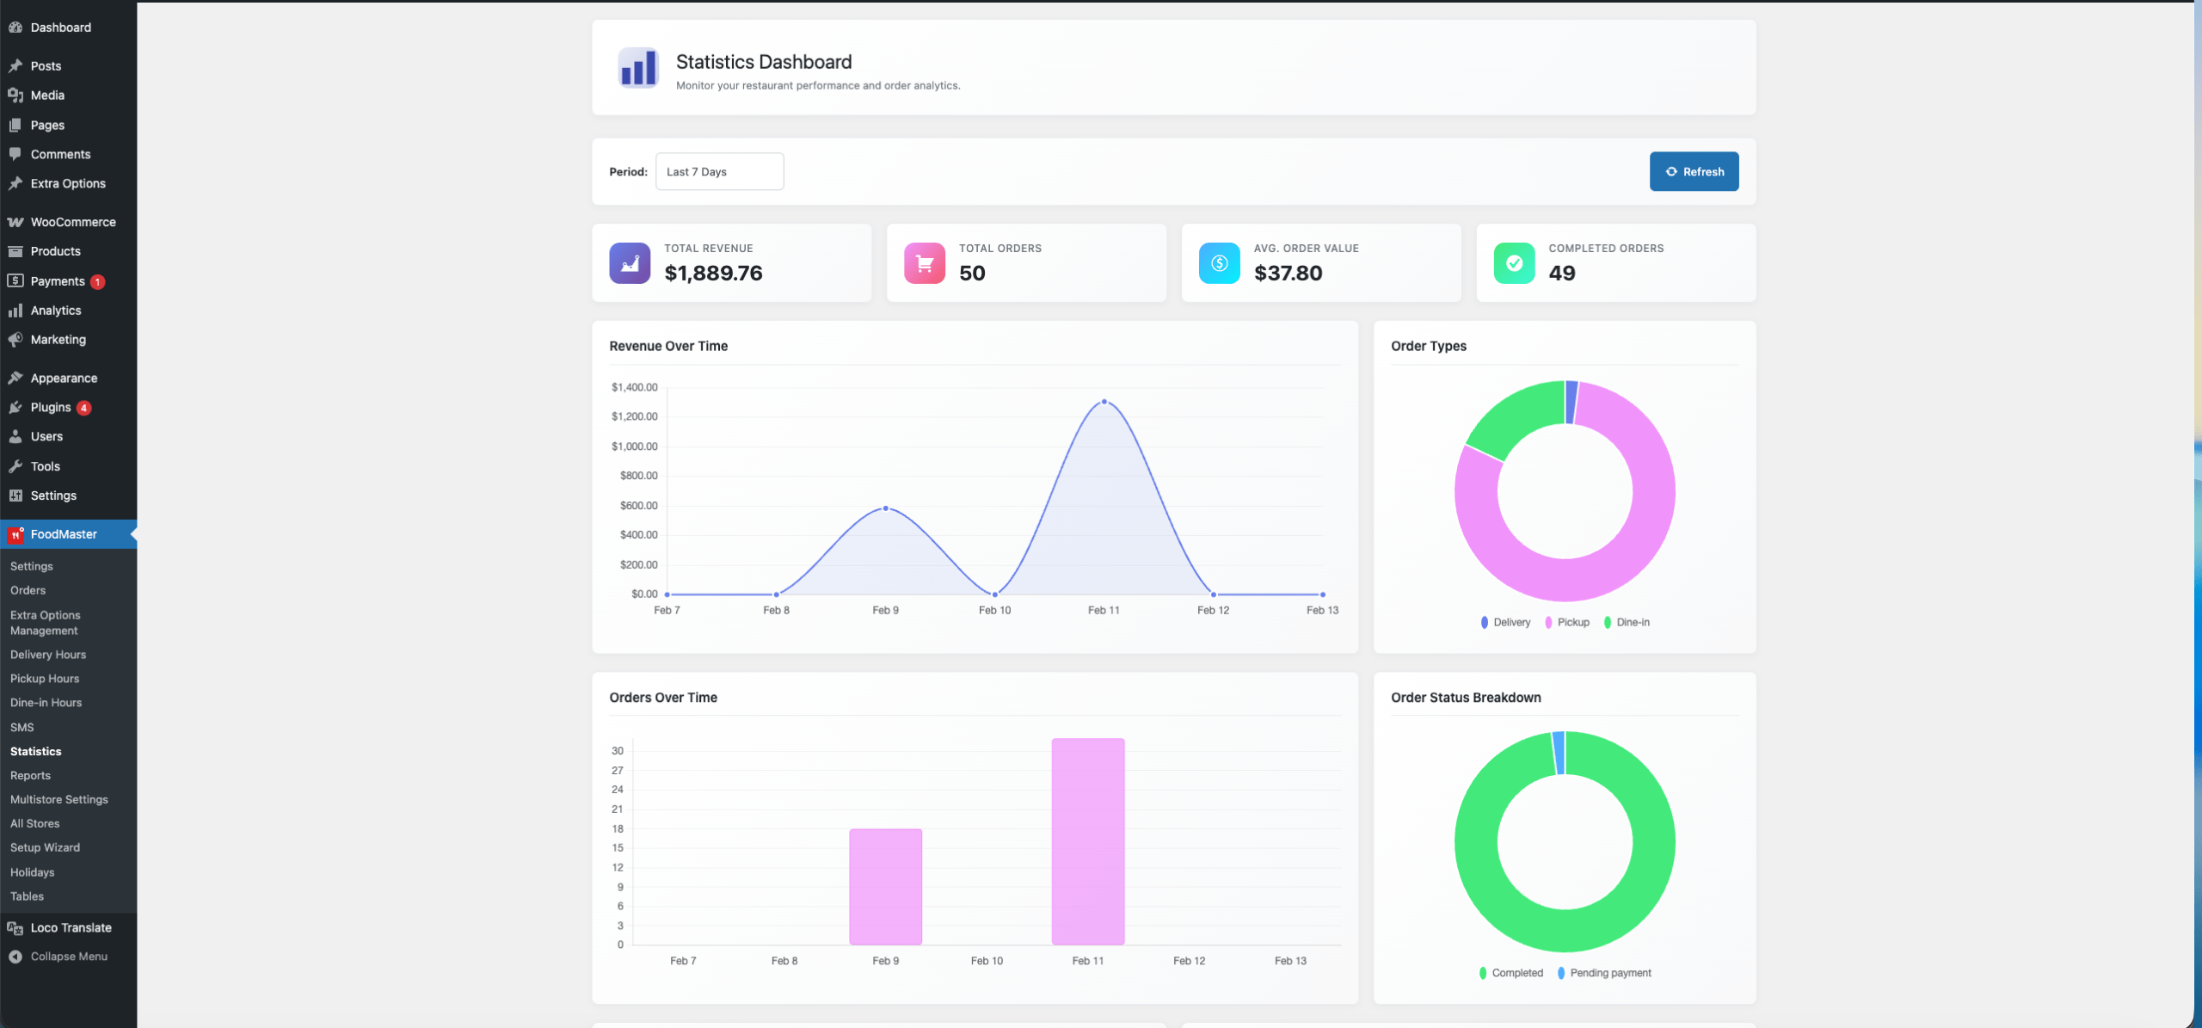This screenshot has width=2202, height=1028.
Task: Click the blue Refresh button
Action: (1693, 171)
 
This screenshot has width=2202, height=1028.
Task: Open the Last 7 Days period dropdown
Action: (719, 171)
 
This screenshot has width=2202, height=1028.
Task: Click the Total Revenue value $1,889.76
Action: (713, 273)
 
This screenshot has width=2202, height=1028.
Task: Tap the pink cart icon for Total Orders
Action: (924, 263)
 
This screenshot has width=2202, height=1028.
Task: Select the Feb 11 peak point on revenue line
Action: (1104, 402)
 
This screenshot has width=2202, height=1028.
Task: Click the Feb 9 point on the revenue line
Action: (885, 508)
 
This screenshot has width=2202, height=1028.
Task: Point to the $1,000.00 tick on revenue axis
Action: (634, 446)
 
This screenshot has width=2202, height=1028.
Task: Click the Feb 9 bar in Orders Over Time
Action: (885, 886)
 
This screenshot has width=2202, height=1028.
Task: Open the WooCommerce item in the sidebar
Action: (72, 222)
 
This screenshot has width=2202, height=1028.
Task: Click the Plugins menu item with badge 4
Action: (51, 407)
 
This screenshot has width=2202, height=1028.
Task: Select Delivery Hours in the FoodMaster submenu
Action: (48, 655)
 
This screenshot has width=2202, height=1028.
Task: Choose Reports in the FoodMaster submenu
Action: (30, 775)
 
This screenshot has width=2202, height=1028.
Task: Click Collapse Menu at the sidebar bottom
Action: (68, 957)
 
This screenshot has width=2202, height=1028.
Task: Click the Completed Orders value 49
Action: (1561, 273)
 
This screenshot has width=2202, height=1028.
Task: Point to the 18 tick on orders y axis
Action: (618, 828)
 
